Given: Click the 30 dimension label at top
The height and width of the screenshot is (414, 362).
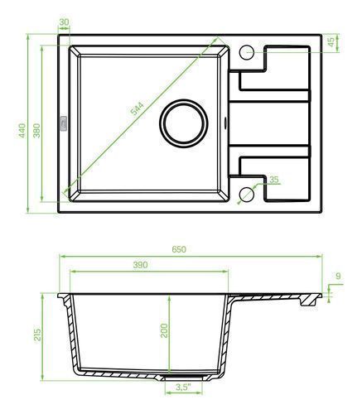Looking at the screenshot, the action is (x=64, y=22).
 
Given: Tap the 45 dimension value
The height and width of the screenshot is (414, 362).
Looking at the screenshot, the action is (x=331, y=41).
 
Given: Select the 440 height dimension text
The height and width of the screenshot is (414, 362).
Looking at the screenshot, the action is (x=22, y=130).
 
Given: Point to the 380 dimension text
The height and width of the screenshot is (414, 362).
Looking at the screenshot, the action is (x=36, y=131).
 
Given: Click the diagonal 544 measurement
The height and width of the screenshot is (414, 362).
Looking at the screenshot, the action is (x=138, y=108).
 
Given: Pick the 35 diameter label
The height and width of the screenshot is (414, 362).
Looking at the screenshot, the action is (x=273, y=180).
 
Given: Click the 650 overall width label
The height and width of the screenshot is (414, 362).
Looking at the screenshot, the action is (x=179, y=249).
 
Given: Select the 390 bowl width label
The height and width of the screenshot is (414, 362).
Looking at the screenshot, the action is (x=140, y=265).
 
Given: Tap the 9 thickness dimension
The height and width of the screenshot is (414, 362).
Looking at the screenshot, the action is (x=338, y=276).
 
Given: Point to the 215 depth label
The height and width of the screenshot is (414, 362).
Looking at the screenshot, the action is (x=37, y=335).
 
